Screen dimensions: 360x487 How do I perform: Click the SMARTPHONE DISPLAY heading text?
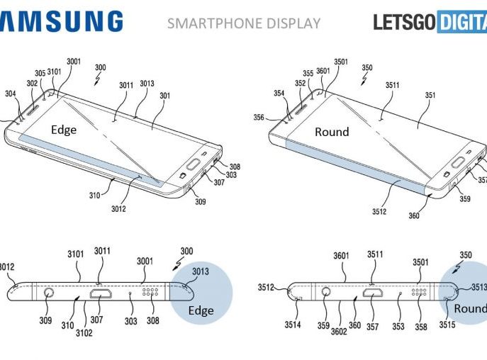pyautogui.click(x=243, y=23)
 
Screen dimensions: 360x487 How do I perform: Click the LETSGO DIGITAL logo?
pyautogui.click(x=430, y=22)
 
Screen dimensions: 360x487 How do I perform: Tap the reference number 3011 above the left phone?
pyautogui.click(x=126, y=86)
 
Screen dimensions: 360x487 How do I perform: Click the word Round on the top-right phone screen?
pyautogui.click(x=332, y=132)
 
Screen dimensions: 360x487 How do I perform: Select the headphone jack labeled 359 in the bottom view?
pyautogui.click(x=326, y=291)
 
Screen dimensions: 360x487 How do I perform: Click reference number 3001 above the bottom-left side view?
pyautogui.click(x=145, y=261)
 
